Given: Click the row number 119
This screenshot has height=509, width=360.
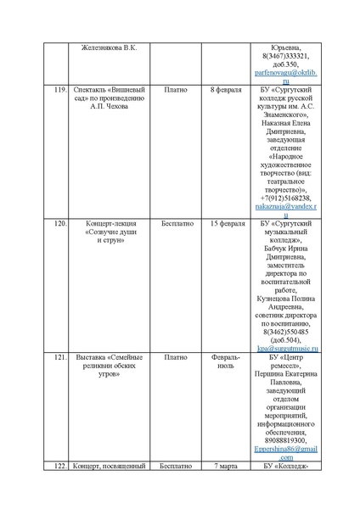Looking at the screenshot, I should [x=60, y=89].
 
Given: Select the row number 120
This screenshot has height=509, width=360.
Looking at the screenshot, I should [x=60, y=223].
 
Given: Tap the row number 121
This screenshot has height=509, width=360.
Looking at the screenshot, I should [x=60, y=357].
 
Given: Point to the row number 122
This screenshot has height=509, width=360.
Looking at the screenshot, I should [x=60, y=466].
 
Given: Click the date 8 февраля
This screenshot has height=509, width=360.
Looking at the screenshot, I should [x=226, y=89].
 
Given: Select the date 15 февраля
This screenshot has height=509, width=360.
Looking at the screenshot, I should [x=226, y=223].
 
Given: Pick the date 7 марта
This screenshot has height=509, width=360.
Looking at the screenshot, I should [x=226, y=466].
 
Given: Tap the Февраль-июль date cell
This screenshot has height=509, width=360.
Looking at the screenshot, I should [x=226, y=363].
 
